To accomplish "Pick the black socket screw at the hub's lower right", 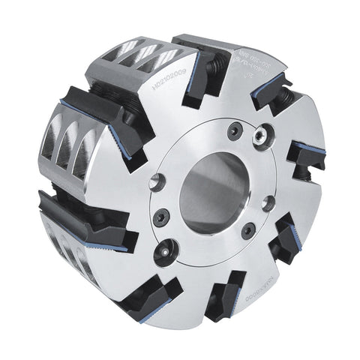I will coord(247,231).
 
